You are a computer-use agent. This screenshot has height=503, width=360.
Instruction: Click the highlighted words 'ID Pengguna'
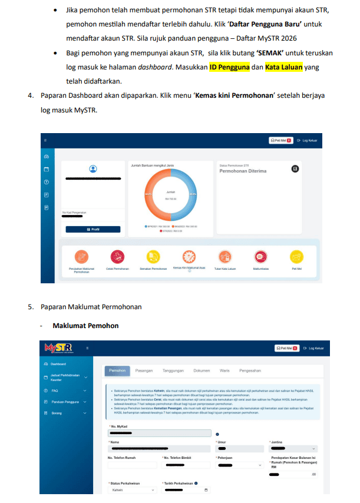click(229, 67)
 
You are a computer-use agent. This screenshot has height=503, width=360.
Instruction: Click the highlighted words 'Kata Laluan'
click(284, 67)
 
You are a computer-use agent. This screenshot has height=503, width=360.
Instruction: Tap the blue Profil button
click(93, 229)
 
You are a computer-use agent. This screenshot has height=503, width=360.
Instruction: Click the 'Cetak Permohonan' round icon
click(117, 256)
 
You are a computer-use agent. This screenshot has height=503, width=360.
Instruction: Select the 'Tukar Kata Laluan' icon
click(224, 256)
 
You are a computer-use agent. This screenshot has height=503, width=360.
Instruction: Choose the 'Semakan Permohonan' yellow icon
click(153, 256)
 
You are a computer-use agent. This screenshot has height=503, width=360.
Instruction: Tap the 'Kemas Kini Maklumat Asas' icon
click(189, 256)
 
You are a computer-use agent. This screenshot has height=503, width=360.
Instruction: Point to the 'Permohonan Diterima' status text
click(243, 171)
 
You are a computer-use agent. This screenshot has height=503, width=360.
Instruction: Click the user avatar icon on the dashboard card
click(93, 169)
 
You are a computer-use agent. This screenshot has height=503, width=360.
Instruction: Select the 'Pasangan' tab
click(144, 370)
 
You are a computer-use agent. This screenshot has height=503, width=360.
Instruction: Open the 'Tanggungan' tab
click(173, 370)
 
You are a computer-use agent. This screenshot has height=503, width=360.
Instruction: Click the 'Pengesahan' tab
click(250, 370)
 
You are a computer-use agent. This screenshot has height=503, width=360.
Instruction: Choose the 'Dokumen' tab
click(202, 370)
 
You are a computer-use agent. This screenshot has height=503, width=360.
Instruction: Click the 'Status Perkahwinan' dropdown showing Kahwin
click(133, 489)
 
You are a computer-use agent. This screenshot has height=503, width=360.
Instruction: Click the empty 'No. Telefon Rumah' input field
click(132, 465)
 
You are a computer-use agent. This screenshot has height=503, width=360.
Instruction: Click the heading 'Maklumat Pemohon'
click(85, 326)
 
